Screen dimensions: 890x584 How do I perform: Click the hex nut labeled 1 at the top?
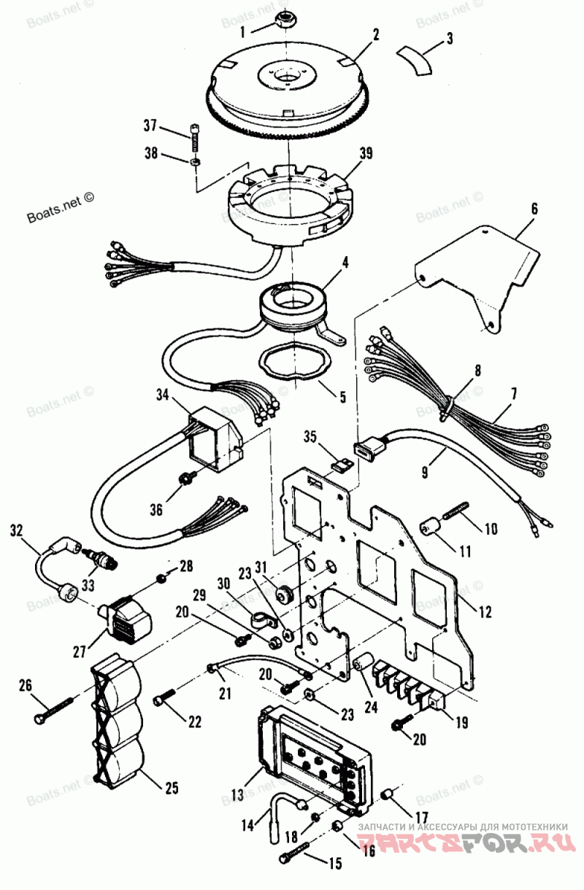tap(285, 19)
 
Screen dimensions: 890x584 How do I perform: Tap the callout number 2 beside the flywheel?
tap(375, 34)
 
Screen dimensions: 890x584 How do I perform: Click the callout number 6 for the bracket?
tap(534, 209)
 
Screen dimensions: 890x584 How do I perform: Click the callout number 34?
tap(162, 395)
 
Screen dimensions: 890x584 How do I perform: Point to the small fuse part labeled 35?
tap(338, 463)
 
